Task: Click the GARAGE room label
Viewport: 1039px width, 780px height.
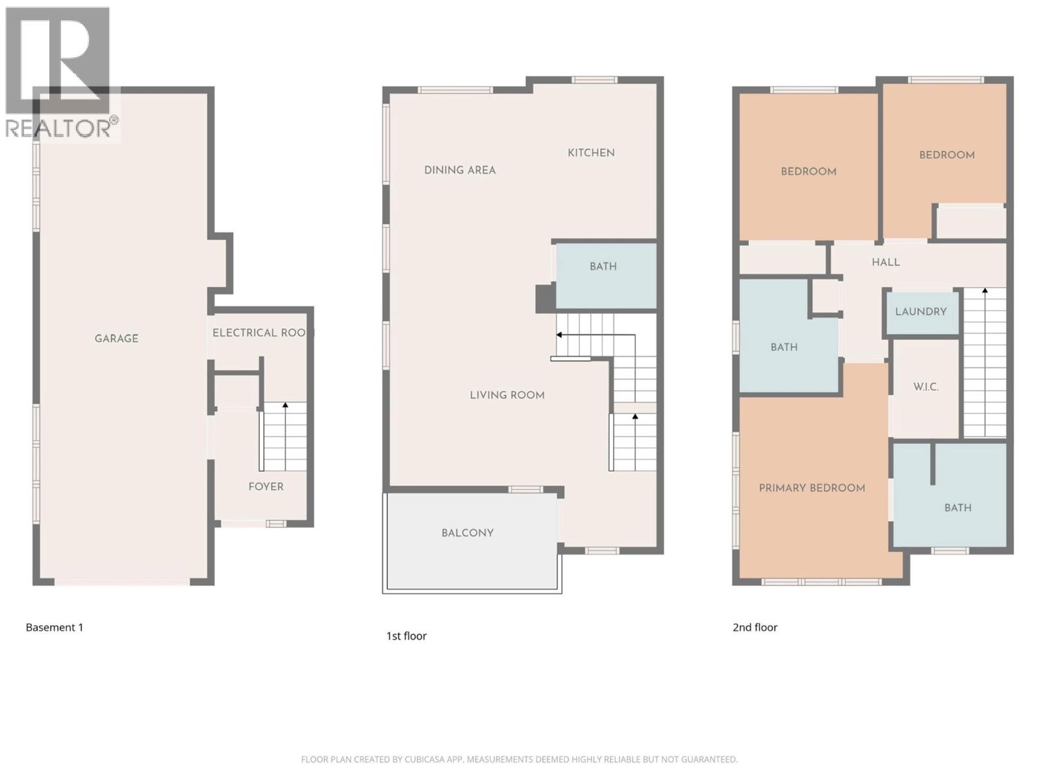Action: click(116, 338)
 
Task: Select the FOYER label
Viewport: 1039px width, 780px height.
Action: click(266, 486)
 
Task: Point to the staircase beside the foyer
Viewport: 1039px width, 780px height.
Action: click(284, 437)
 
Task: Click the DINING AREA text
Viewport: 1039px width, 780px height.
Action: click(460, 170)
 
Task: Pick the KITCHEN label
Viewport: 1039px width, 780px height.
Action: click(591, 153)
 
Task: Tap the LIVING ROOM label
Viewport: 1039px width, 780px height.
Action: click(507, 395)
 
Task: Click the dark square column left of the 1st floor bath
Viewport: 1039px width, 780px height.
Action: click(545, 298)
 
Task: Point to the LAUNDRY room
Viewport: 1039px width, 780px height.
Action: click(921, 311)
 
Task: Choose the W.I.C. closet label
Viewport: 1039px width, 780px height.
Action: click(926, 387)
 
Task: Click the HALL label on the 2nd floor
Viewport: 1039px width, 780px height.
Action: click(886, 262)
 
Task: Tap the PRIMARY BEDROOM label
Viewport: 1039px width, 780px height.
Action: click(812, 488)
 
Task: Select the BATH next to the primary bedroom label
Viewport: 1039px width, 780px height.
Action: click(958, 508)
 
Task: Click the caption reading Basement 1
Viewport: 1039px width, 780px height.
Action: click(55, 627)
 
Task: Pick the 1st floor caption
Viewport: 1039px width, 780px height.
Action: click(407, 636)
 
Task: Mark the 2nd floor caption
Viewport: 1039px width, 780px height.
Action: click(755, 627)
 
